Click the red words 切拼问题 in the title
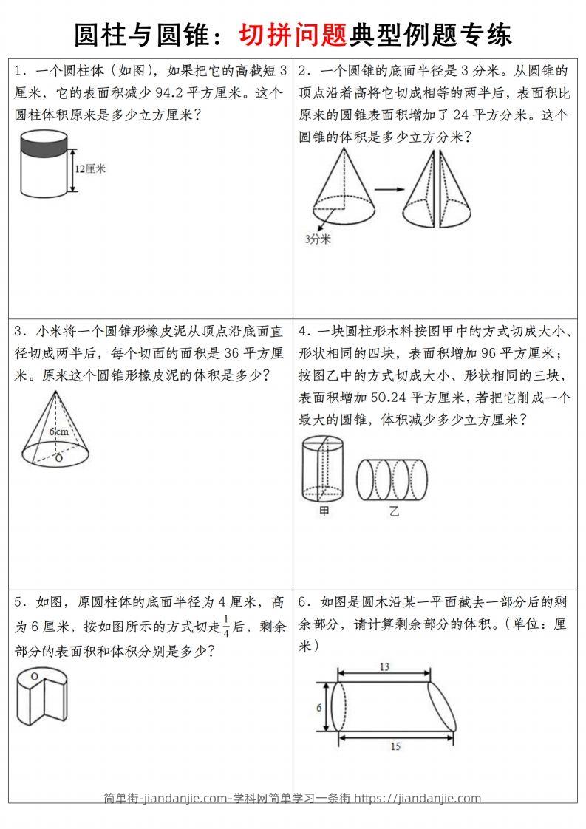click(x=293, y=34)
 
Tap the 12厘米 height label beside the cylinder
click(x=91, y=168)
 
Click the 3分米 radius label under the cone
click(x=318, y=239)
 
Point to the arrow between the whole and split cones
click(x=386, y=190)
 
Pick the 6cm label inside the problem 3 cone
click(x=58, y=431)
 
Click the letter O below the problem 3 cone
click(x=58, y=459)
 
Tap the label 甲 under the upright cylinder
click(x=324, y=511)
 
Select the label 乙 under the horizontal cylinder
click(x=394, y=511)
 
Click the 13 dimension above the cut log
click(x=384, y=667)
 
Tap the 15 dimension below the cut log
click(x=395, y=747)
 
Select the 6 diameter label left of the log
click(x=319, y=707)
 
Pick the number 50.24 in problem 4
click(x=378, y=398)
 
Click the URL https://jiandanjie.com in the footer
click(x=418, y=798)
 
